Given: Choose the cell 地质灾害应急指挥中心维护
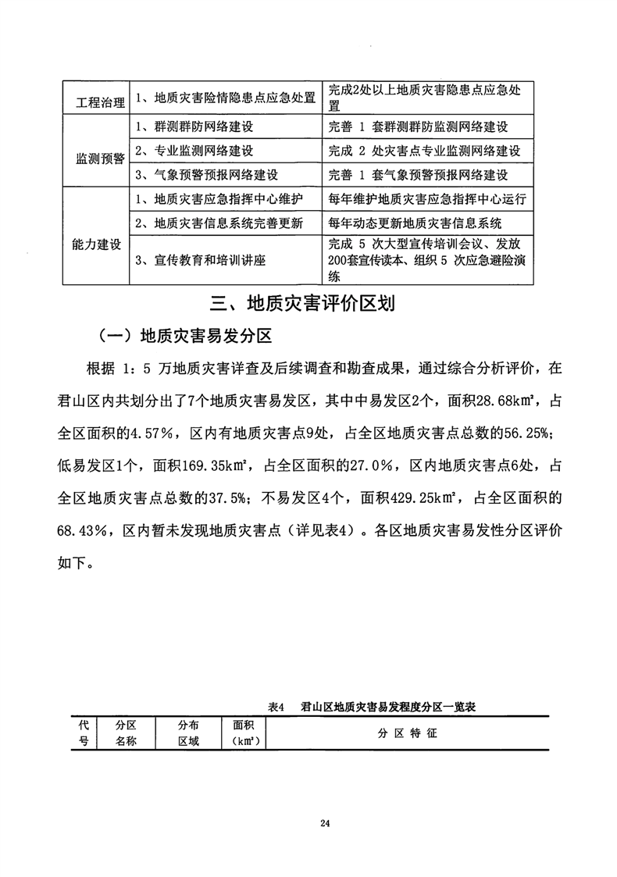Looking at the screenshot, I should tap(219, 201).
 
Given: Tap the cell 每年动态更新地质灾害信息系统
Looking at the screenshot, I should tap(415, 224).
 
